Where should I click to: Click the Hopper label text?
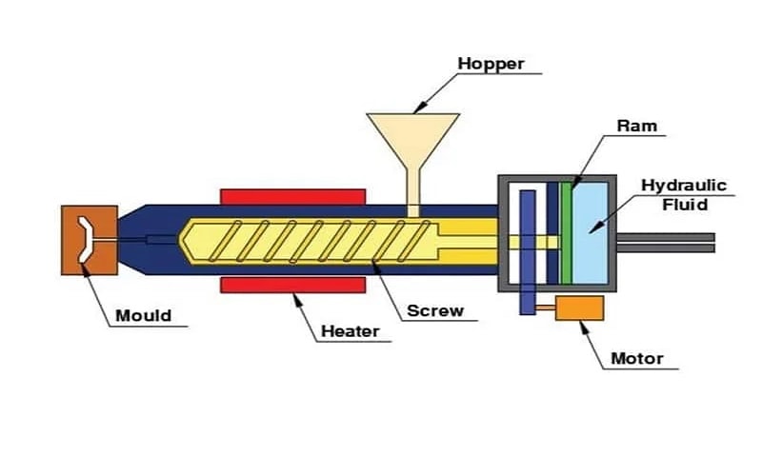(491, 65)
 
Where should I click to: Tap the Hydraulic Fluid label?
(683, 193)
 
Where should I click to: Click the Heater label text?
(350, 331)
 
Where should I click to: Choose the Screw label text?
(435, 310)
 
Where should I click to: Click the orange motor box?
(579, 307)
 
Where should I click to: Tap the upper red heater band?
(293, 196)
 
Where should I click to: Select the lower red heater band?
(293, 286)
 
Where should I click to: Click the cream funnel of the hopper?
(413, 139)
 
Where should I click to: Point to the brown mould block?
(90, 240)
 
